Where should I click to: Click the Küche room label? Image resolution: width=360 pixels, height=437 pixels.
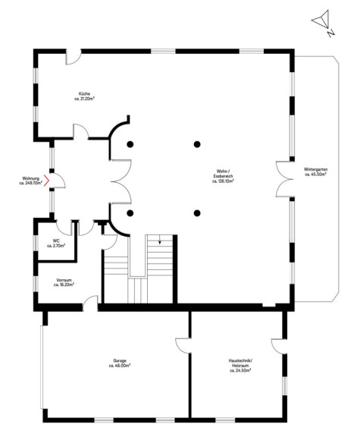tap(84, 96)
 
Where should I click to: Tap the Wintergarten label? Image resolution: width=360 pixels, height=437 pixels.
tap(315, 171)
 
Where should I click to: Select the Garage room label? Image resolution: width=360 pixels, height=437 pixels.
tap(120, 363)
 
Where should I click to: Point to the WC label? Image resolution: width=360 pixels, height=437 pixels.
tap(56, 243)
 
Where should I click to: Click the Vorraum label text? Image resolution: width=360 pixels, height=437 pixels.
tap(64, 282)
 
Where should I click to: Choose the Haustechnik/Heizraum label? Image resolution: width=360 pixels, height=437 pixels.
tap(240, 366)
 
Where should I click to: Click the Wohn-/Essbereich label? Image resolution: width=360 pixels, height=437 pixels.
tap(223, 176)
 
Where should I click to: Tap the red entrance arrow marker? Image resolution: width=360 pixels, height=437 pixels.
tap(47, 181)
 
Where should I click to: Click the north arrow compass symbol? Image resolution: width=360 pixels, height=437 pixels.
tap(321, 19)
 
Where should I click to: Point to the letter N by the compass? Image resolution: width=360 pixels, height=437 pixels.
tap(330, 33)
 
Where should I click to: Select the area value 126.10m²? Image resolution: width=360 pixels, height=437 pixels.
tap(223, 181)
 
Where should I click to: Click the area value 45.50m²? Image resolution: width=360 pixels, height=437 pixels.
tap(315, 174)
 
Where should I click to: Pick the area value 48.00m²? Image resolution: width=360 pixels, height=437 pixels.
tap(120, 366)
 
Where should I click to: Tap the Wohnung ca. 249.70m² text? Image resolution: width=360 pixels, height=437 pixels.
tap(31, 181)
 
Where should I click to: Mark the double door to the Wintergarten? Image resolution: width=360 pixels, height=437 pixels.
tap(284, 179)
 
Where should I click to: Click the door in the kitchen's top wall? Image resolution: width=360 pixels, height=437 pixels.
tap(74, 57)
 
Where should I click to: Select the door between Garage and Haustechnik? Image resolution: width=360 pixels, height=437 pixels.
tap(183, 346)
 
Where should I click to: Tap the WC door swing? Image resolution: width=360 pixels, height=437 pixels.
tap(64, 228)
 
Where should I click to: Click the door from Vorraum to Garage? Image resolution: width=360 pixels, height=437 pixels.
tap(90, 303)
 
